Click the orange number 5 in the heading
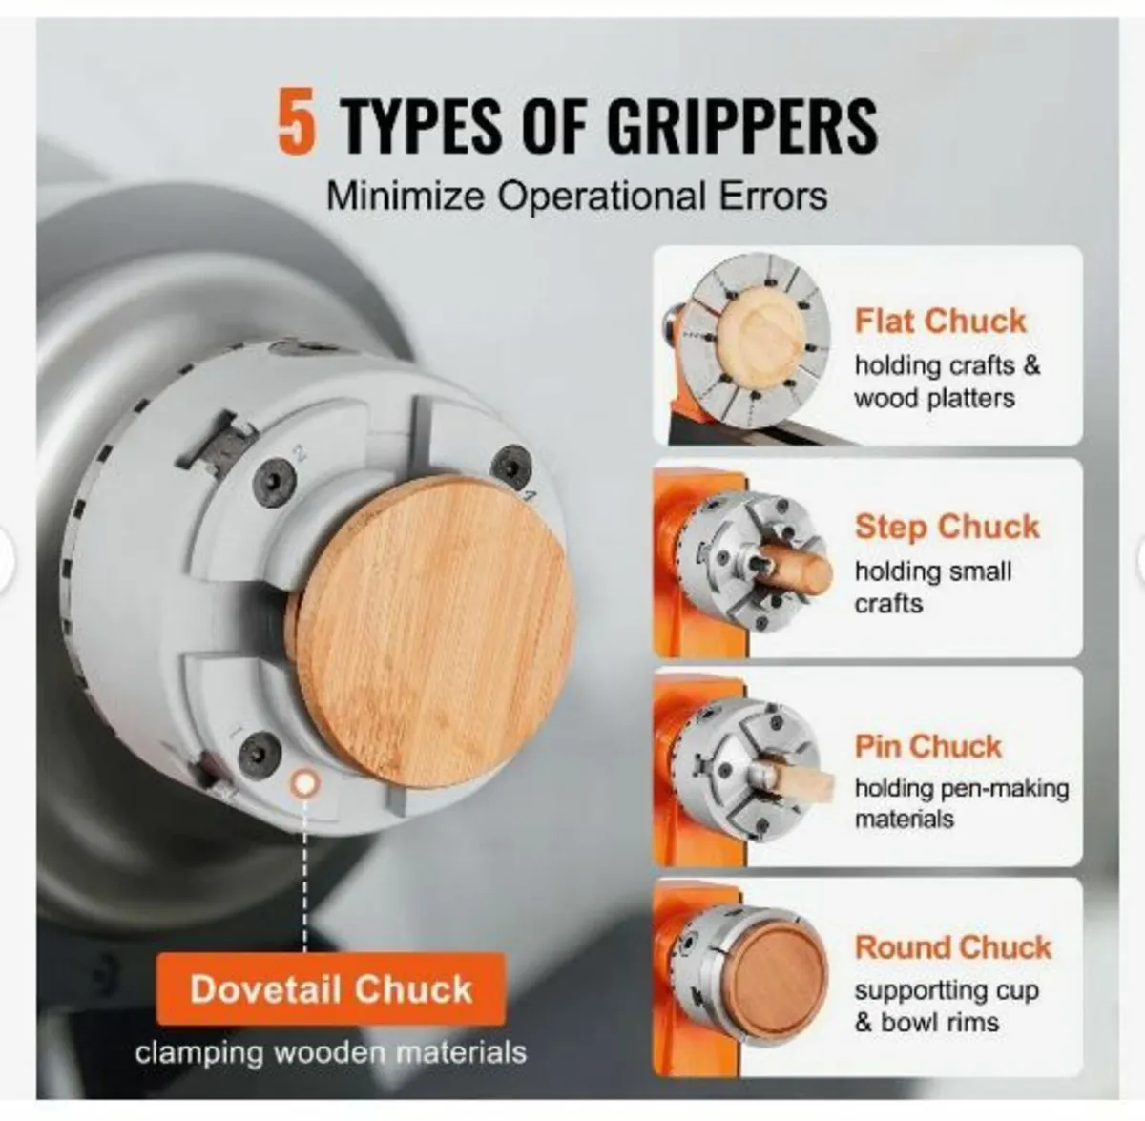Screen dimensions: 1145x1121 pyautogui.click(x=297, y=121)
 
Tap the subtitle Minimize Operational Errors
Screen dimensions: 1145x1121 pyautogui.click(x=577, y=197)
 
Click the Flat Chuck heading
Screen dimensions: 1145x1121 pyautogui.click(x=940, y=321)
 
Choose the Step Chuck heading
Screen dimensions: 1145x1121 pyautogui.click(x=947, y=527)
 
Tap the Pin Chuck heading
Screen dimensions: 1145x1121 pyautogui.click(x=928, y=746)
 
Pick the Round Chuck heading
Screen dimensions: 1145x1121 pyautogui.click(x=953, y=946)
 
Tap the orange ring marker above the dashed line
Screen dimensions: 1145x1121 pyautogui.click(x=304, y=784)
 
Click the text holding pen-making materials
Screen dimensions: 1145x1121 pyautogui.click(x=962, y=803)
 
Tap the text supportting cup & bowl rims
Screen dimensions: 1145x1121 pyautogui.click(x=947, y=1007)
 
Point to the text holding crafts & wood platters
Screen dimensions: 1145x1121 pyautogui.click(x=947, y=382)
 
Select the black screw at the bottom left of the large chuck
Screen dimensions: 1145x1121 pyautogui.click(x=260, y=753)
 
